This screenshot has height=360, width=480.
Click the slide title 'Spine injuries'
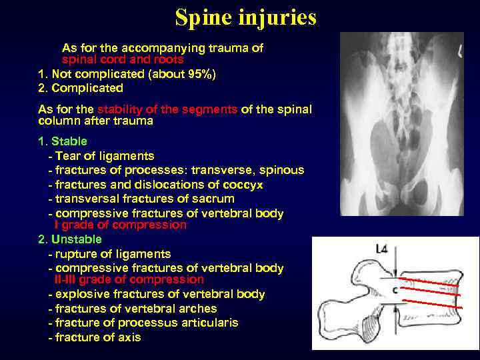[245, 18]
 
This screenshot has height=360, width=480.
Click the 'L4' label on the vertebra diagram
[382, 250]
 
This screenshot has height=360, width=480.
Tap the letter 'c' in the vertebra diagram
[395, 290]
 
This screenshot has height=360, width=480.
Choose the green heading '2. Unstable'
[70, 239]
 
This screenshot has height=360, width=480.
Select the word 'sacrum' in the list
[215, 199]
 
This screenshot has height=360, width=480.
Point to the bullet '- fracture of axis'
[95, 337]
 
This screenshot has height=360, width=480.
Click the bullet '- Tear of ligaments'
[101, 156]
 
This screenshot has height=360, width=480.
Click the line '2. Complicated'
[81, 88]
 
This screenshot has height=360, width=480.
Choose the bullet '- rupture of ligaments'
[110, 254]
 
